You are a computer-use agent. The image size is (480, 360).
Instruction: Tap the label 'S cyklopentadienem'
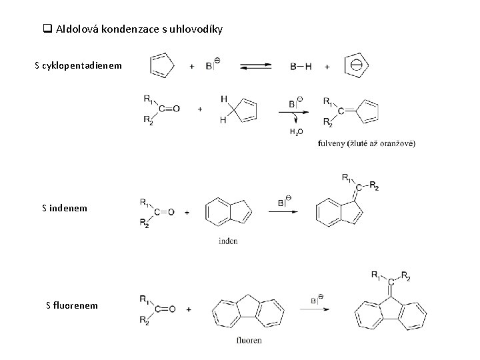pos(78,65)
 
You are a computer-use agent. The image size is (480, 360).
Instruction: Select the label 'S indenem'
pos(64,209)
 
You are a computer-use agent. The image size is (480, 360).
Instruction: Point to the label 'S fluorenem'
pos(71,305)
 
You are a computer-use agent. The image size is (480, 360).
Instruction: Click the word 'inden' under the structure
pos(227,241)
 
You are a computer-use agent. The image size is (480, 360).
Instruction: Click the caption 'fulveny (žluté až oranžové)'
pos(367,143)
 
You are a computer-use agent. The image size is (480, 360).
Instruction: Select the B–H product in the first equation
pos(301,66)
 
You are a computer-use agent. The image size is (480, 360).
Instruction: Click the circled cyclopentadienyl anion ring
pos(356,65)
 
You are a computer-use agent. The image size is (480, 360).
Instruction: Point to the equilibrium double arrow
pos(256,66)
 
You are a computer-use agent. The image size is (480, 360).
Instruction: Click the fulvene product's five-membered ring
pos(368,108)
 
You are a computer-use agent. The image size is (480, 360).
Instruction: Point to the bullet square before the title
pos(47,29)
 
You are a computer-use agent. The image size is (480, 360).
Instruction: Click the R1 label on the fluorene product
pos(377,274)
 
